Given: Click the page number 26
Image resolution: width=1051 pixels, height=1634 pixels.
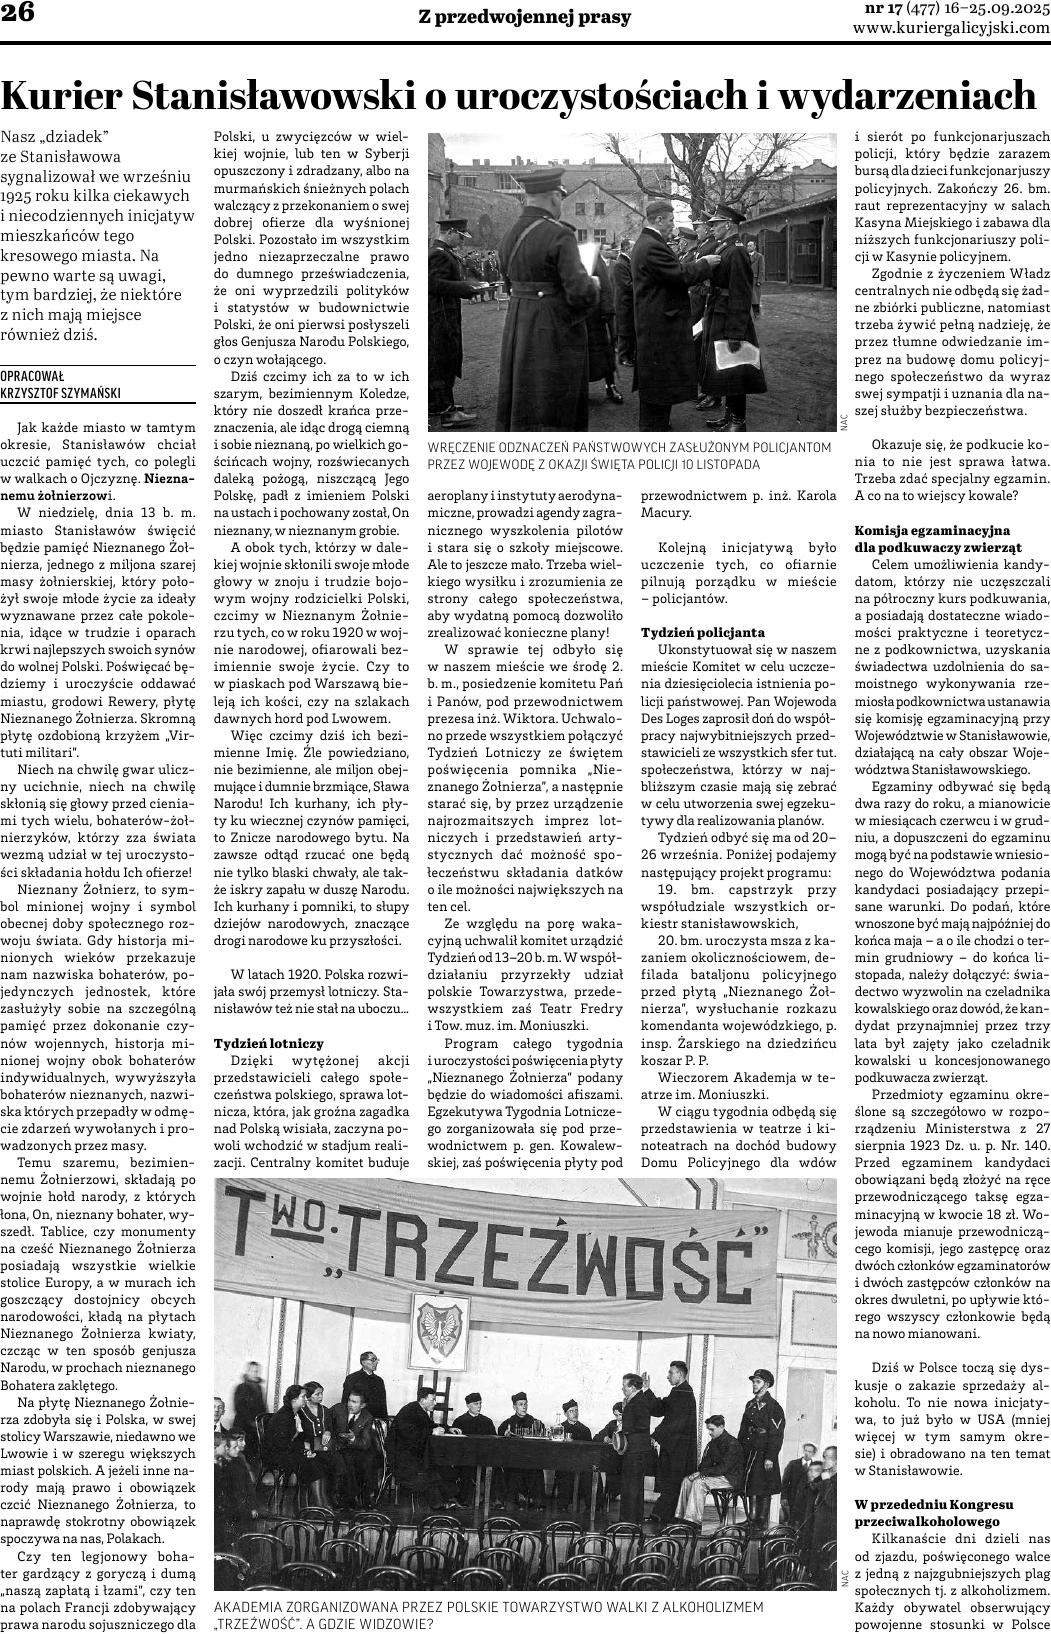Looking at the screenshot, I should [x=21, y=15].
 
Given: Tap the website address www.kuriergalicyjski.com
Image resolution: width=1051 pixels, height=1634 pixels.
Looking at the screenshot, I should [x=951, y=29].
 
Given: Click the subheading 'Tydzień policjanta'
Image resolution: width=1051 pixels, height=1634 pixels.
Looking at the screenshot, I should [x=702, y=632].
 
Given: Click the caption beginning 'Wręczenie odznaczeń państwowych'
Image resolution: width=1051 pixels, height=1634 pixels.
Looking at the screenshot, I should [x=628, y=456].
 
